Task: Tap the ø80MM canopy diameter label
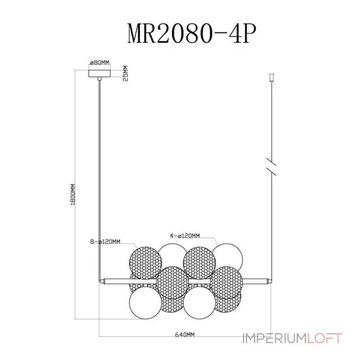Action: coord(99,62)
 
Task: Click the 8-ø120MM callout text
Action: coord(105,241)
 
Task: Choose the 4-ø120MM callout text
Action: coord(184,235)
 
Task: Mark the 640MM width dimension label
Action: coord(184,335)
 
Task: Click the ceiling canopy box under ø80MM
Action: coord(99,72)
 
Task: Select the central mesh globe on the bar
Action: coord(172,283)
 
